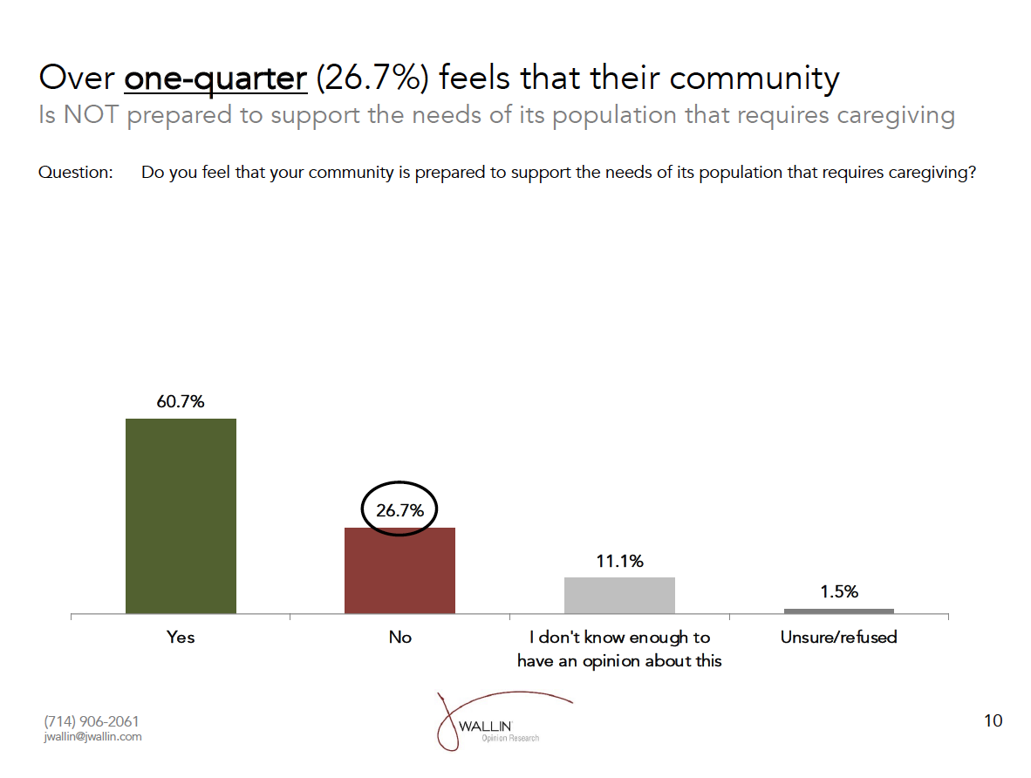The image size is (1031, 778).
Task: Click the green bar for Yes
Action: pos(181,516)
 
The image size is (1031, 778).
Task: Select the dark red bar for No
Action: pos(399,570)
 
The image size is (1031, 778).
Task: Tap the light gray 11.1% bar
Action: pos(619,596)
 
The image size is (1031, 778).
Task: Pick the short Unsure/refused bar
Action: pos(838,611)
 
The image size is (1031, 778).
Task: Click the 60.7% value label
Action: pos(181,402)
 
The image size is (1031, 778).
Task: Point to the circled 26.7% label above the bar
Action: pos(399,510)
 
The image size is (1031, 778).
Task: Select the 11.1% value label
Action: pos(619,562)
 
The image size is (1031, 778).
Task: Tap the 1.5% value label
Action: pos(839,591)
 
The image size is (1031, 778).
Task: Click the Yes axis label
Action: pos(181,638)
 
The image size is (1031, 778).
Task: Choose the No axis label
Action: pos(399,638)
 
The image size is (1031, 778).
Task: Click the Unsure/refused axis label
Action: pos(838,638)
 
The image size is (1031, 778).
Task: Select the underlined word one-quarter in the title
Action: pos(215,78)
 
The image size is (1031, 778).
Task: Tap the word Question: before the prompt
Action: pos(76,173)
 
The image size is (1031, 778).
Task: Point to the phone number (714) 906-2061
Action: pos(91,721)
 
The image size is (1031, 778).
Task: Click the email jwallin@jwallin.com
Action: pos(92,737)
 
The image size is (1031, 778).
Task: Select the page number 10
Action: pos(993,720)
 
